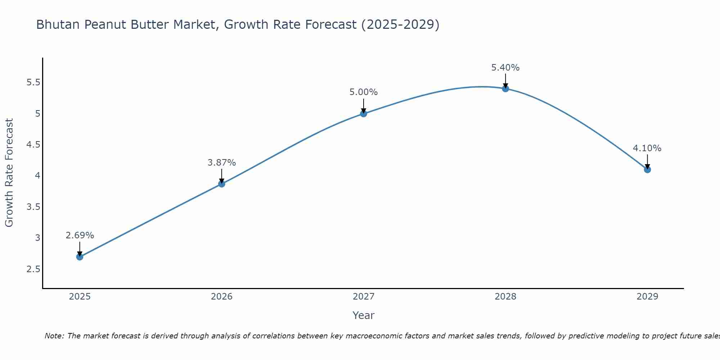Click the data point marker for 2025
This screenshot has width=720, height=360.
tap(80, 257)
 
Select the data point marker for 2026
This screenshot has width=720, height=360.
tap(221, 184)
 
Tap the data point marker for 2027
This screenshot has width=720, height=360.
tap(364, 114)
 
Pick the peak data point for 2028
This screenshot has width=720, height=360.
tap(505, 89)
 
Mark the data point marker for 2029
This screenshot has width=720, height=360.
tap(647, 170)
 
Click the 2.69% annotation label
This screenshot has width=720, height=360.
tap(80, 235)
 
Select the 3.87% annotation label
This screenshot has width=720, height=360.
tap(221, 163)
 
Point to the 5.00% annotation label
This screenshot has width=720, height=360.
tap(364, 92)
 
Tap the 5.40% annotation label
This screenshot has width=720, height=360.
tap(505, 68)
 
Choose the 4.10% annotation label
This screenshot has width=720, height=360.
tap(647, 148)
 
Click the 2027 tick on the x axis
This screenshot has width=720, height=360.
tap(364, 297)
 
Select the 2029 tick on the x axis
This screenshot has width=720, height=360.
tap(647, 297)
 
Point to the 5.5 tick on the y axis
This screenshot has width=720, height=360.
tap(33, 82)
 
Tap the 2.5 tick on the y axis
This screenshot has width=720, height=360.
tap(33, 269)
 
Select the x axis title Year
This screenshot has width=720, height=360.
tap(364, 315)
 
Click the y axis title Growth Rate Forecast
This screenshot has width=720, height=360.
tap(9, 173)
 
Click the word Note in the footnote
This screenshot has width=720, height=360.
tap(54, 336)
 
